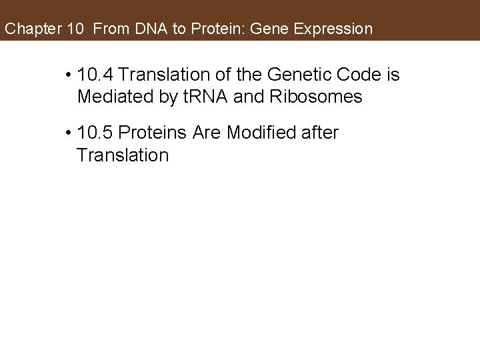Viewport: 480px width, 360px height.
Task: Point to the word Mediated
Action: coord(113,97)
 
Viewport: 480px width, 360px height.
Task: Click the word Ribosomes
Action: coord(319,97)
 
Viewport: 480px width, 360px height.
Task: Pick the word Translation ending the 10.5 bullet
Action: coord(123,155)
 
